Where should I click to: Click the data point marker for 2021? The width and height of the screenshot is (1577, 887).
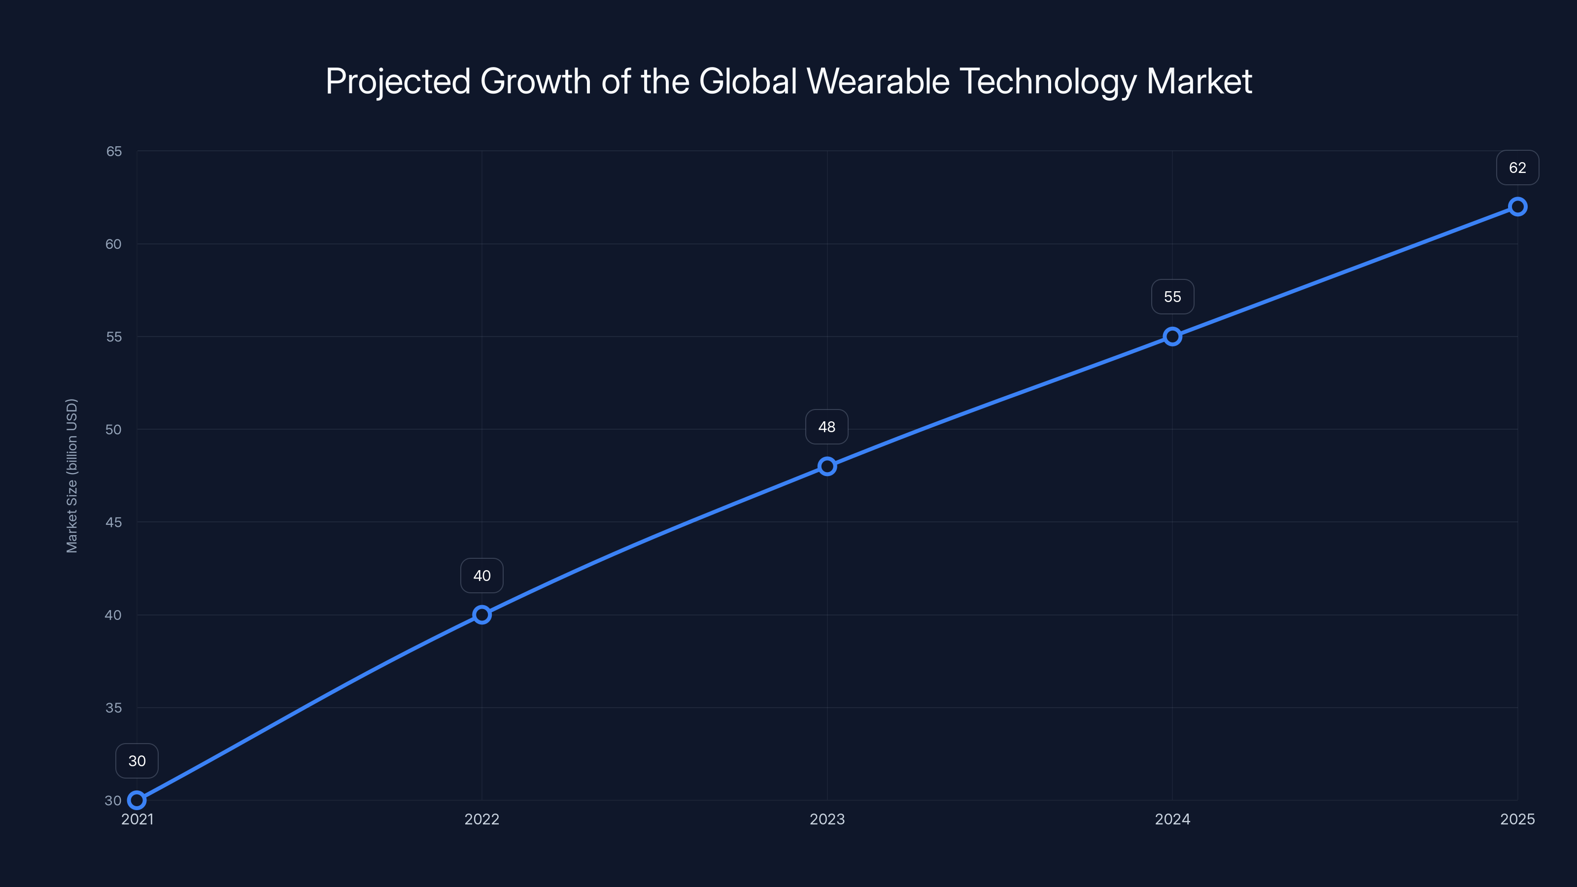137,800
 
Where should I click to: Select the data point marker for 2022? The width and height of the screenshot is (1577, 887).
482,614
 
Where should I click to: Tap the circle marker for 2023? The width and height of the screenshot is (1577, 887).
827,467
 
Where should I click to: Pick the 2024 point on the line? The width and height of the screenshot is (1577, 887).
1172,337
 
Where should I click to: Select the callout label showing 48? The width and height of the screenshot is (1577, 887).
827,427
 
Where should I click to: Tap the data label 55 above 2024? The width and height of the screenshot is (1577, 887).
1172,297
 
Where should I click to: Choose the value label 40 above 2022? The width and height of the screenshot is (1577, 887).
482,576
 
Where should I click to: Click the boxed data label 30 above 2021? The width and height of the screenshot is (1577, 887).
137,761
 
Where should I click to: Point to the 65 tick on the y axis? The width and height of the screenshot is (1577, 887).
114,151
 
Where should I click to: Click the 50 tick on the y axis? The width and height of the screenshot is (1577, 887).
114,430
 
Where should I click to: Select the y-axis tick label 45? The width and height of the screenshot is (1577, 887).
114,523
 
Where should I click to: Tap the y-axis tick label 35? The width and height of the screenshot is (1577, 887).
114,708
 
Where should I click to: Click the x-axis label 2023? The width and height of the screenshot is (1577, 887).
827,819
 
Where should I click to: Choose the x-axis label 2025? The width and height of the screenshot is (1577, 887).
1517,819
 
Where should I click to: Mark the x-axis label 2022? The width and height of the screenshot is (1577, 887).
482,819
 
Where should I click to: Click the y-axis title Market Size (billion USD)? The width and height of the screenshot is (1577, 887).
71,476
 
